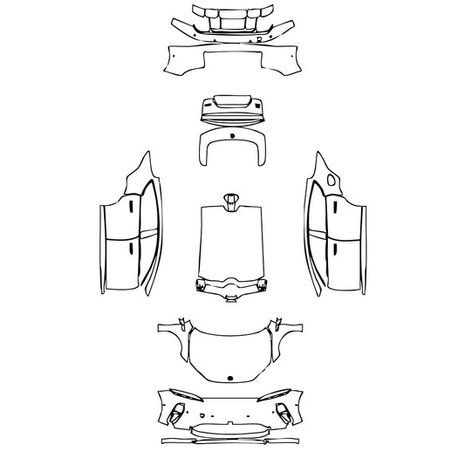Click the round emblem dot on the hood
(x=231, y=377)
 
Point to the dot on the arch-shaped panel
(x=232, y=138)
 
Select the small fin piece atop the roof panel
(x=232, y=201)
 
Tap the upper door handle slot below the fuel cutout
(x=333, y=208)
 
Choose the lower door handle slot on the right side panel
(x=333, y=250)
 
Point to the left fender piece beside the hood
(x=174, y=340)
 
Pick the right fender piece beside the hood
(x=289, y=340)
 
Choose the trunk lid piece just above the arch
(x=232, y=109)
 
